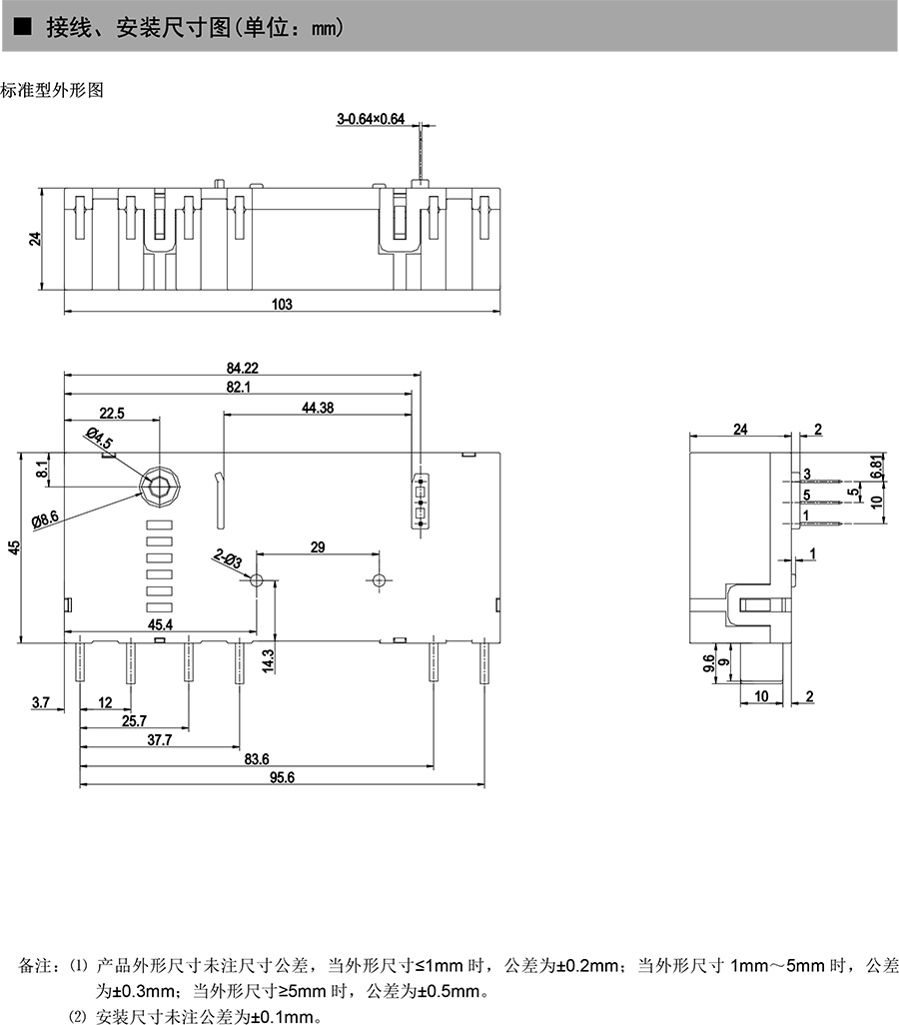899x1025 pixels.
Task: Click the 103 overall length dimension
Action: tap(282, 305)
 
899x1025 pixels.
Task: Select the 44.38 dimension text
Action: tap(317, 407)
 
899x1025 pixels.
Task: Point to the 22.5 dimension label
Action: tap(111, 413)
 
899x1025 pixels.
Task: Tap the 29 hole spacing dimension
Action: tap(318, 546)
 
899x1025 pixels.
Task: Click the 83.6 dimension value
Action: tap(257, 760)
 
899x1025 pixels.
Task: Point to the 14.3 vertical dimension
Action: tap(267, 658)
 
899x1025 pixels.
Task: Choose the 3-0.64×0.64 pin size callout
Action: tap(371, 120)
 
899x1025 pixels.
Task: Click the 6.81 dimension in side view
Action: tap(877, 465)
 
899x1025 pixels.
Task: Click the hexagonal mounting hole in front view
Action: tap(158, 487)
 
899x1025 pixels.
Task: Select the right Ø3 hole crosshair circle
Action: tap(378, 580)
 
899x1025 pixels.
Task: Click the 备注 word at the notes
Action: tap(34, 967)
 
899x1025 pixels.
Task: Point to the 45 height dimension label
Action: tap(13, 546)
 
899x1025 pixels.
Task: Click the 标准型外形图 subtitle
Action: tap(52, 90)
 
